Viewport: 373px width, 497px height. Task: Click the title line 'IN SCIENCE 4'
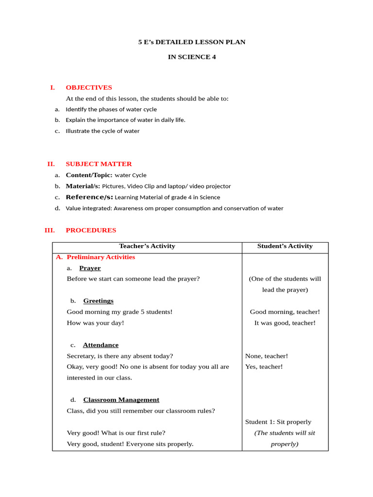tap(192, 57)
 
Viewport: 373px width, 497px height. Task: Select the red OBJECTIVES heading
tap(89, 87)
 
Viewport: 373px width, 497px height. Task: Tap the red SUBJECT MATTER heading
tap(99, 164)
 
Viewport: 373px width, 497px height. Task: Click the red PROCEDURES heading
tap(91, 230)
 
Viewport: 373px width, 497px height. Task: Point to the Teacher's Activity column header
tap(147, 246)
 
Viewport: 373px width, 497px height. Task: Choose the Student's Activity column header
tap(285, 246)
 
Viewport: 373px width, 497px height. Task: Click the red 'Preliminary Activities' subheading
tap(101, 257)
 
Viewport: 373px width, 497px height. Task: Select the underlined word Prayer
tap(90, 268)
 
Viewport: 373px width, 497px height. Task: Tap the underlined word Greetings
tap(98, 301)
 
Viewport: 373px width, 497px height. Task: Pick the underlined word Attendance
tap(101, 345)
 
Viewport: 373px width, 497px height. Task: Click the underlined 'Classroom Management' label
tap(121, 400)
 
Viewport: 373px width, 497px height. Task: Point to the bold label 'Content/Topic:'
tap(89, 175)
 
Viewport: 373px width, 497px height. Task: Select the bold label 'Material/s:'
tap(83, 186)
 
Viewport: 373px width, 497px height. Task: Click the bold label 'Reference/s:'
tap(89, 197)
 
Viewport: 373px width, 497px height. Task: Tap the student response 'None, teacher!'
tap(267, 356)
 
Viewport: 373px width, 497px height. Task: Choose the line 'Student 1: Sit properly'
tap(278, 422)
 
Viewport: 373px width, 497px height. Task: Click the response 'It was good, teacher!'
tap(285, 323)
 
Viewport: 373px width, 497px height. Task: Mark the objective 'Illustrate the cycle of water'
tap(102, 131)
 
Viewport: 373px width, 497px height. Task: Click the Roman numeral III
tap(50, 230)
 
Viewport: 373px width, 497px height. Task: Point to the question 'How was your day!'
tap(95, 323)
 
